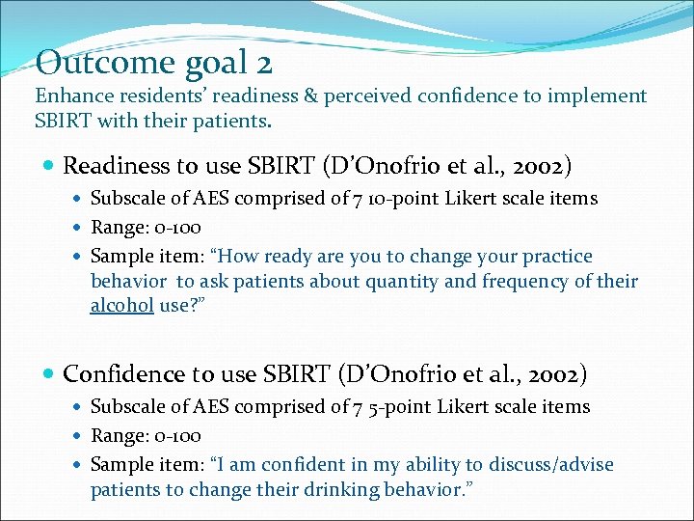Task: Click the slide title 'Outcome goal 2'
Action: coord(154,64)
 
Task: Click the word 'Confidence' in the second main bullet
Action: coord(120,373)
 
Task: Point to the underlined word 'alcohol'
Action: coord(122,306)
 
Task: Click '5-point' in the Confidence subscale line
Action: coord(401,407)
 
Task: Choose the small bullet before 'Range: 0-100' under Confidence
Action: coord(79,437)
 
